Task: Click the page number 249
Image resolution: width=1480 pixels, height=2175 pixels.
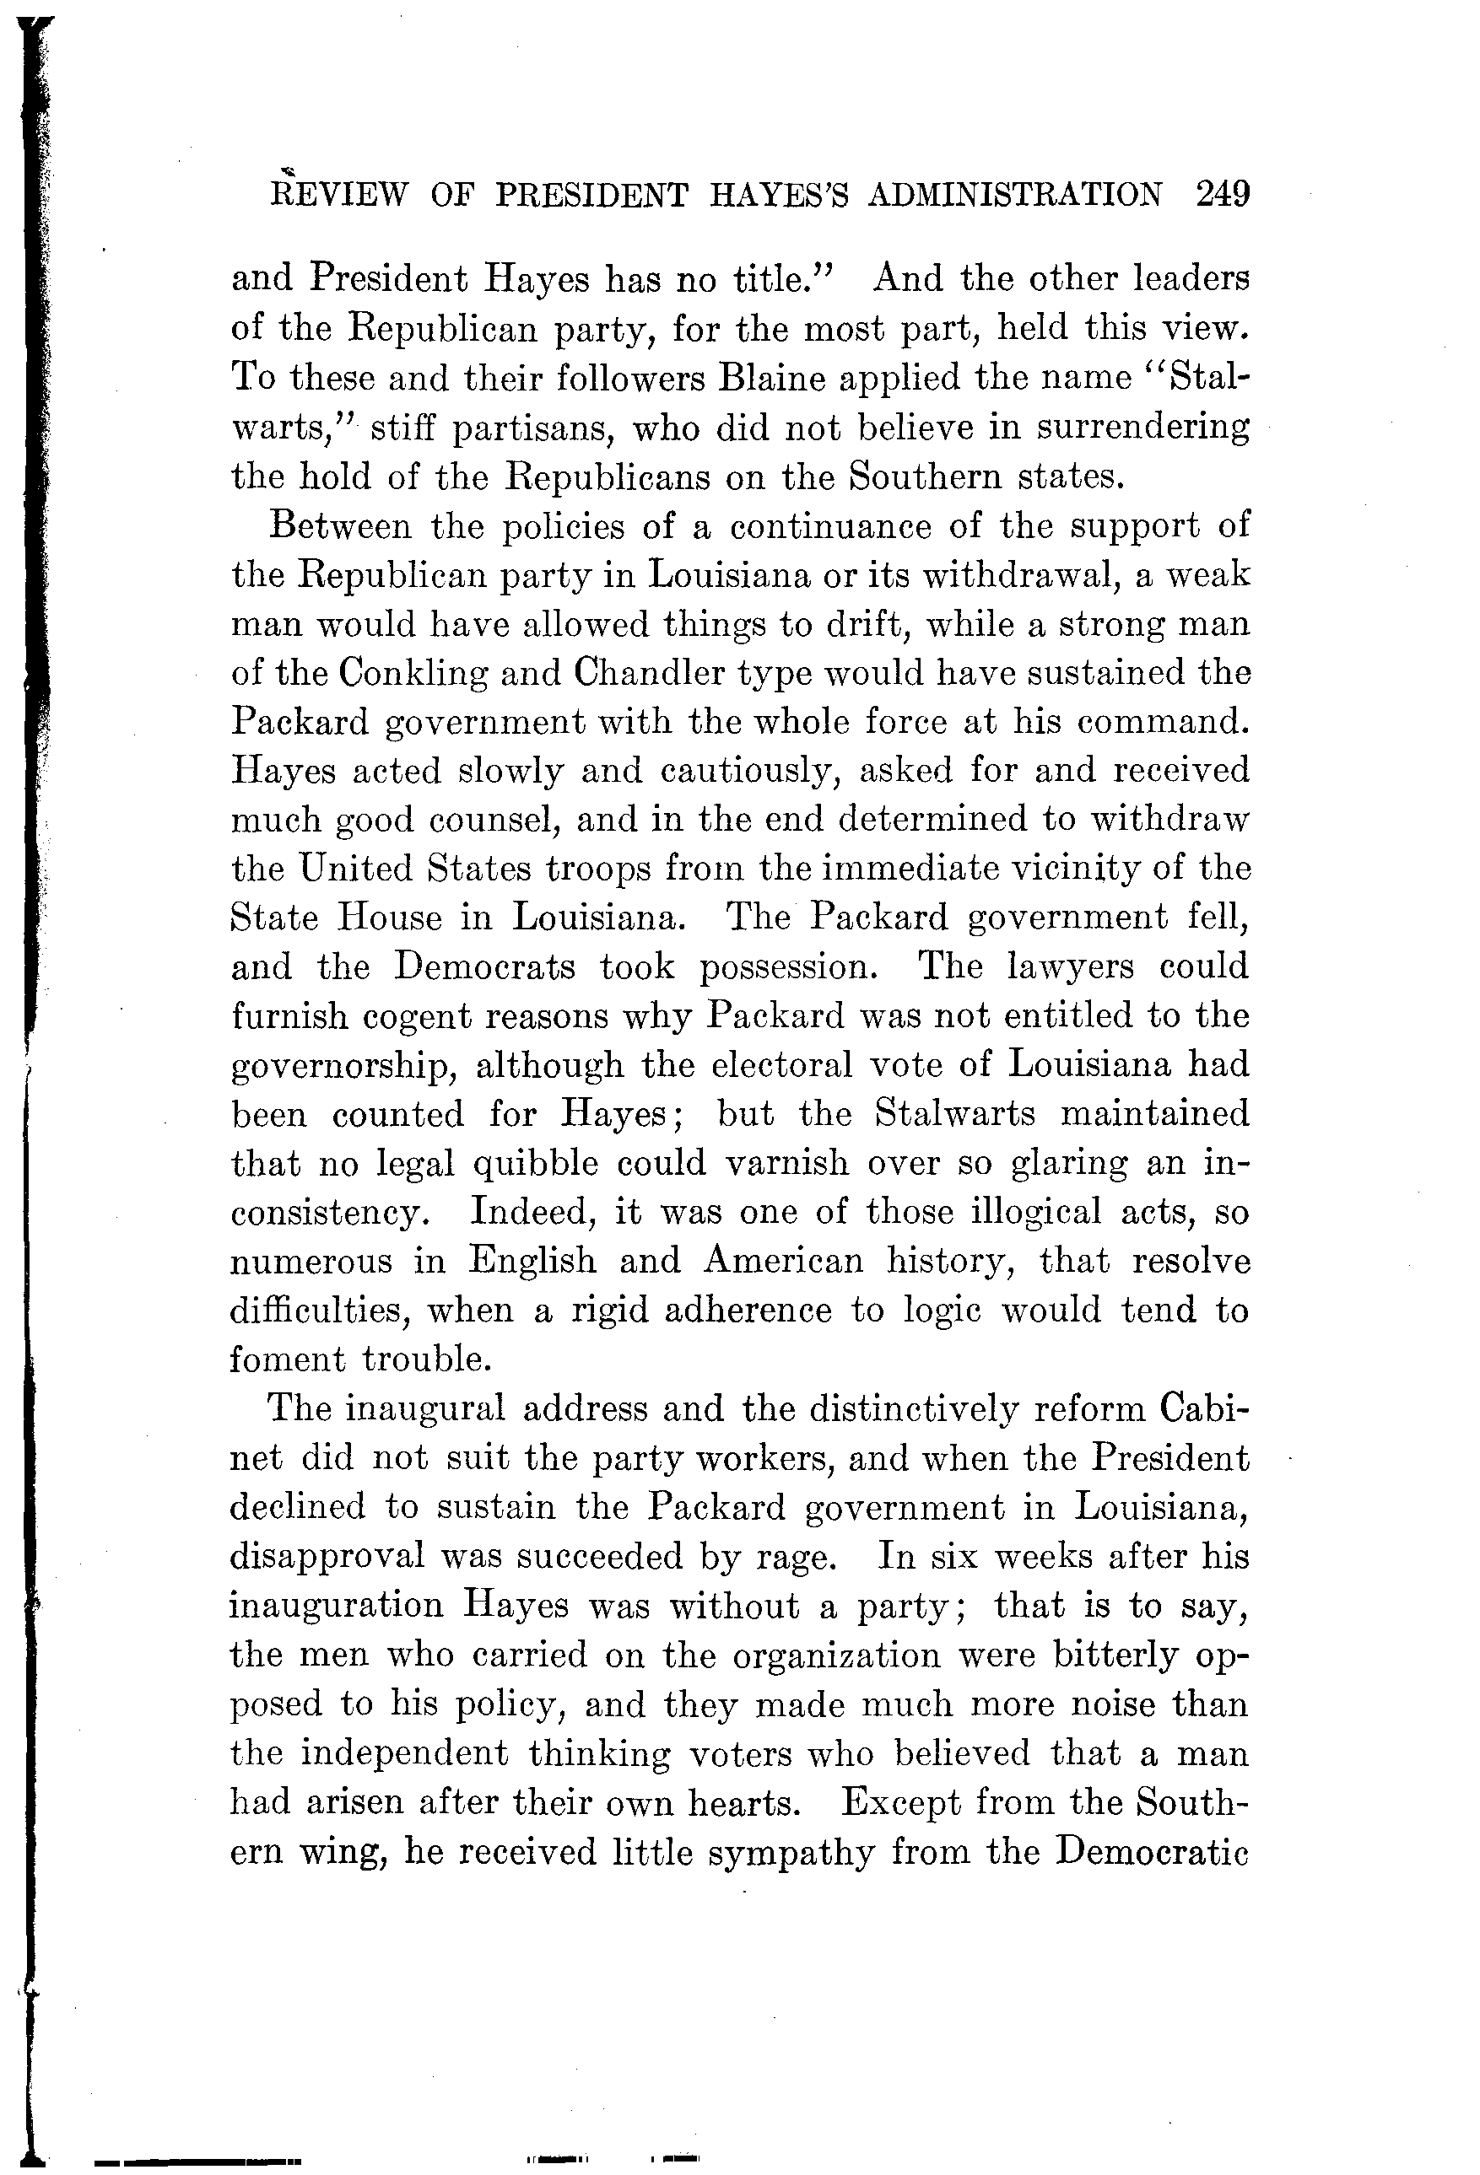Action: [1223, 194]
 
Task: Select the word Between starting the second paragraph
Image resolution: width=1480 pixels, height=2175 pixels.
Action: [340, 526]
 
